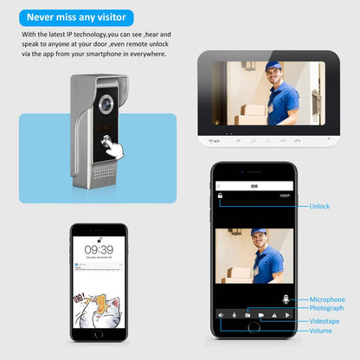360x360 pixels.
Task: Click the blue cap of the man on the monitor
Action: point(273,67)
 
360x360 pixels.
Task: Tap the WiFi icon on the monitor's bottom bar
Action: point(215,140)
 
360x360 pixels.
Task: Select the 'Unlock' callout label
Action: point(320,206)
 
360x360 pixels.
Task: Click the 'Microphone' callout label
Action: point(327,299)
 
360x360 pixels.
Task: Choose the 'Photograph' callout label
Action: point(327,308)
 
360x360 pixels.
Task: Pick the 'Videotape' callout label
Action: point(325,321)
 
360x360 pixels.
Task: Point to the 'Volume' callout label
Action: point(321,330)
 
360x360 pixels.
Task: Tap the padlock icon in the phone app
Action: point(221,196)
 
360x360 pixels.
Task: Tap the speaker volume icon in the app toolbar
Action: point(221,315)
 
